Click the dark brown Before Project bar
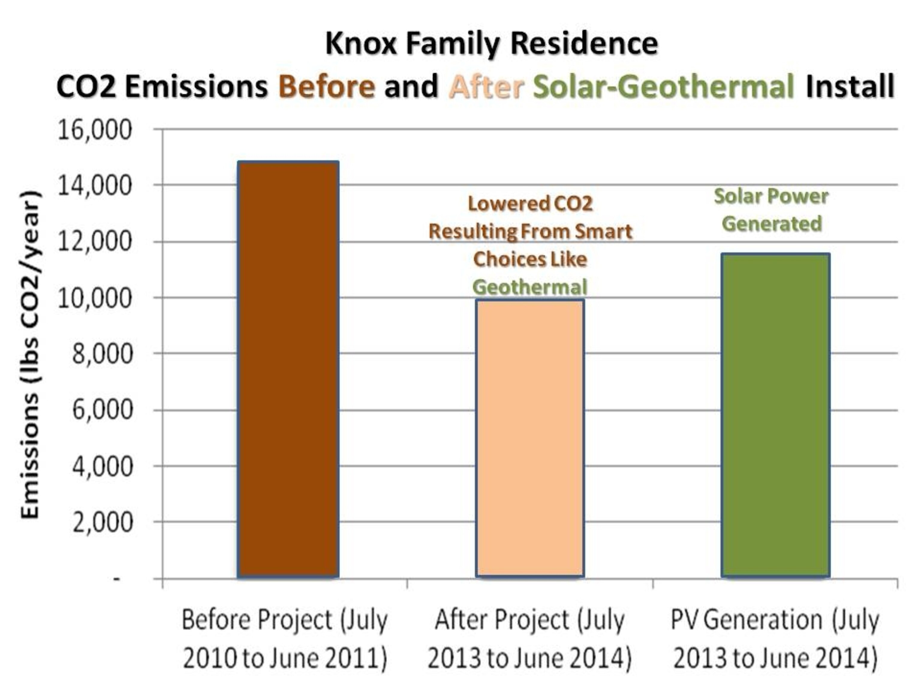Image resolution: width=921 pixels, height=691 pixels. click(x=288, y=369)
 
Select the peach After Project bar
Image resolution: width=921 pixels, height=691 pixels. click(x=530, y=438)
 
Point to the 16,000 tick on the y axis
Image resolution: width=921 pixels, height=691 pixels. click(x=94, y=130)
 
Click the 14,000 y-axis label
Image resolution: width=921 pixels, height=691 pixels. click(x=94, y=186)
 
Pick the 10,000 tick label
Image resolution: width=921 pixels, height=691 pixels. click(x=94, y=298)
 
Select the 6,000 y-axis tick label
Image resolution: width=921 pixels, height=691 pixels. click(x=103, y=410)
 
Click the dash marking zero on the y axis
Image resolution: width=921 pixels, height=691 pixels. click(x=117, y=579)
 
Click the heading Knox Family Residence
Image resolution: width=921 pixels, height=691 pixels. click(x=491, y=43)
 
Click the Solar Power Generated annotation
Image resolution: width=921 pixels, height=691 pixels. click(x=771, y=210)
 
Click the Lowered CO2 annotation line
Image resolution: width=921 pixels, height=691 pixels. click(x=530, y=204)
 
